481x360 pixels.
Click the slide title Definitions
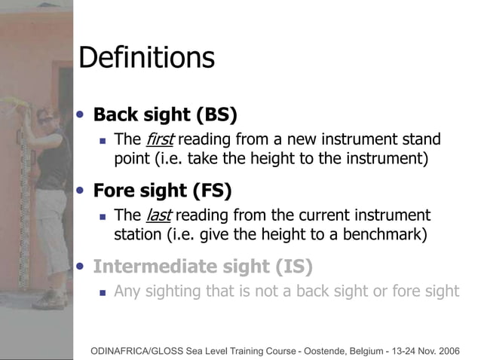pos(146,58)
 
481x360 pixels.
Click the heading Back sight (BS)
pos(164,115)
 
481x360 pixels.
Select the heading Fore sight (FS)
pos(161,190)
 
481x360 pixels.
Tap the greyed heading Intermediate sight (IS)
pos(201,266)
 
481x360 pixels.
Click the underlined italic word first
pos(159,140)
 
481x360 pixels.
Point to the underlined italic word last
pos(158,215)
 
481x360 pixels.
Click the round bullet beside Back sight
pos(81,114)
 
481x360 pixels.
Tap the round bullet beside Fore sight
pos(81,189)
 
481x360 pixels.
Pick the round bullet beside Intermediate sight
pos(81,265)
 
